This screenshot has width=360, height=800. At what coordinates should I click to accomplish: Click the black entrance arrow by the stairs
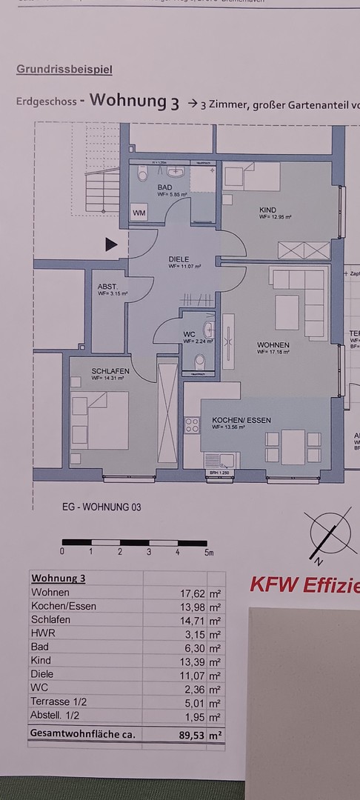(111, 244)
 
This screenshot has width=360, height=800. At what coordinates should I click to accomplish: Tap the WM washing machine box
(139, 213)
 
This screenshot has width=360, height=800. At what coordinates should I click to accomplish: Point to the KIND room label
(268, 210)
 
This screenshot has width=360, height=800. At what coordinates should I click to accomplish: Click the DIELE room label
(179, 259)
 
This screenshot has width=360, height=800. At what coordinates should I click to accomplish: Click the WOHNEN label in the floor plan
(273, 345)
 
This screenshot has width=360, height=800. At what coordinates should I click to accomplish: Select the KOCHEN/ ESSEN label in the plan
(241, 420)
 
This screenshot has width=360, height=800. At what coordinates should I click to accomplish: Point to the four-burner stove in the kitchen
(192, 424)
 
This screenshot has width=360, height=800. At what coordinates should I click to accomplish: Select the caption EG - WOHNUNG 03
(101, 508)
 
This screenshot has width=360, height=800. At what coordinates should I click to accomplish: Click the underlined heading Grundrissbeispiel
(64, 70)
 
